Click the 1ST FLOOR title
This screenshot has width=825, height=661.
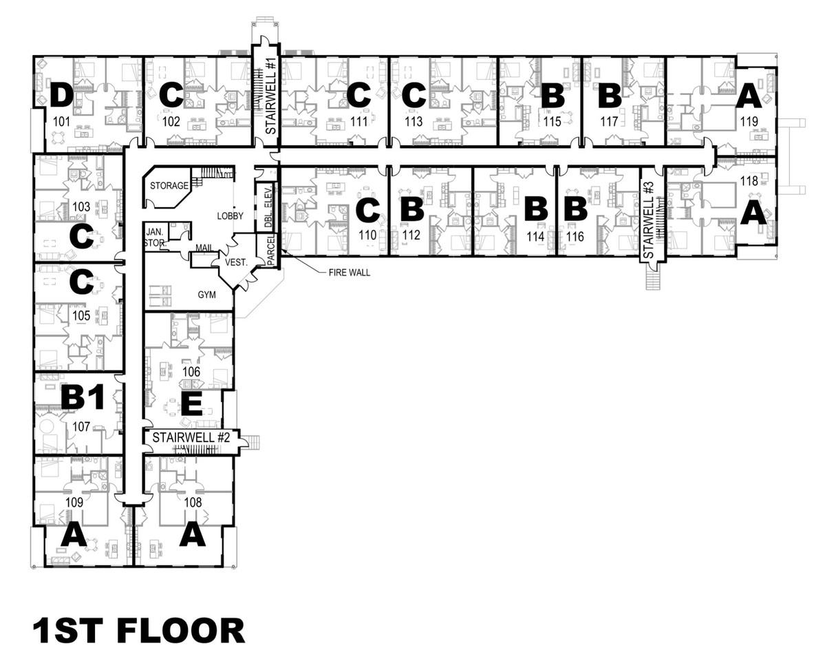138,631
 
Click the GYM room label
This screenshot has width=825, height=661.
206,295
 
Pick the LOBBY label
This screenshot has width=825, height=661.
231,216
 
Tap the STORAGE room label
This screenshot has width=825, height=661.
169,186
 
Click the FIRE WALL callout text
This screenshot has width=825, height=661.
349,273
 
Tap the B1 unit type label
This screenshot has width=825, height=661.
83,398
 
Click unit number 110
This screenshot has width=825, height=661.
367,235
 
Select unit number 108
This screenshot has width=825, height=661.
193,503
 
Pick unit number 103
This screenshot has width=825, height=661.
81,207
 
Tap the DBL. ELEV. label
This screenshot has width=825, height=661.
268,208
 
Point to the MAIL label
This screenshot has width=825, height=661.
203,247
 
